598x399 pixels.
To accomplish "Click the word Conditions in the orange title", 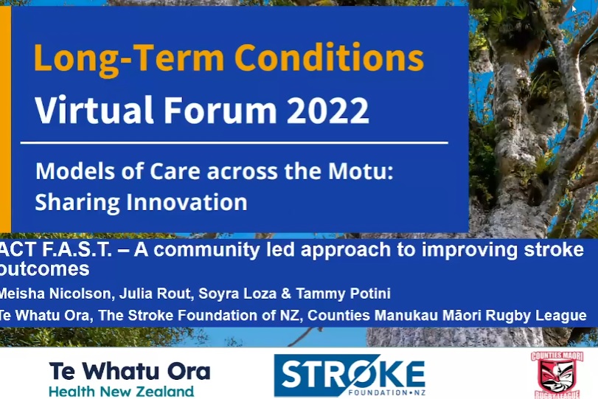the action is coord(329,58).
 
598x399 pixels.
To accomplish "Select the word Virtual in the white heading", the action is coord(94,110).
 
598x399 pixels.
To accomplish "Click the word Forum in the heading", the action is coord(220,110).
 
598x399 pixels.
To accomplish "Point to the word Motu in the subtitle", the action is coord(361,171).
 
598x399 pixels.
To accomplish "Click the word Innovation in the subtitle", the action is coord(187,202).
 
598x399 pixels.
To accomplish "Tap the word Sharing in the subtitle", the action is coord(77,203).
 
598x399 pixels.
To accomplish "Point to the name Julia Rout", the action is coord(154,294).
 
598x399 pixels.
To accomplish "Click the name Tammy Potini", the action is coord(343,294).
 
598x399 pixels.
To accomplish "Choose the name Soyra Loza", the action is coord(237,294).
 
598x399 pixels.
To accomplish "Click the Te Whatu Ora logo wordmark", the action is coord(130,371).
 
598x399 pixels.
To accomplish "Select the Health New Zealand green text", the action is coord(121,392).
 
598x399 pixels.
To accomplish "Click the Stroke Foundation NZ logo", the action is coord(350,375).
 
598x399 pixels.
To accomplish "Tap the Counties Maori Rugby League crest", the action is coord(557,375).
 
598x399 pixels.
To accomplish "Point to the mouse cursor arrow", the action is coord(574,9).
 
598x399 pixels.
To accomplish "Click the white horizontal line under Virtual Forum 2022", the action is coord(234,143).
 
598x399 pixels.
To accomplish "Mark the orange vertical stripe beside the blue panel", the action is coord(5,119).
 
